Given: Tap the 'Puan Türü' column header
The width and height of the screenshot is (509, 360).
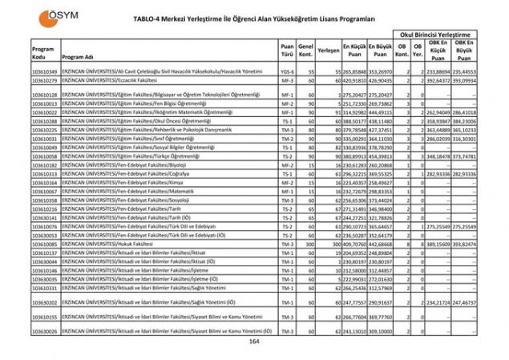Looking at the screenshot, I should pos(287,53).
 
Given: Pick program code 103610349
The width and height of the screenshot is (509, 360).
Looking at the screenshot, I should pos(44,71).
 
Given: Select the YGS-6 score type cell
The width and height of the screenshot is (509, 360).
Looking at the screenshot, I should pos(287,71).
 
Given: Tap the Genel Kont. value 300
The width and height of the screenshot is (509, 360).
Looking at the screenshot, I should pos(305,245).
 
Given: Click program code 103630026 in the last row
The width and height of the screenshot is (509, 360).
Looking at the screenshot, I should pos(44,330).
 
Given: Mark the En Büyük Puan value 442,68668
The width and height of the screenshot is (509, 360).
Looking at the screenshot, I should pos(380,245).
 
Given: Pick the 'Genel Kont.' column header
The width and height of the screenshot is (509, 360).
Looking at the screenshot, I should pos(305,53).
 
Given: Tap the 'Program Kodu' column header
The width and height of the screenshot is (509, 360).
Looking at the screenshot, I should pos(43,54).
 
